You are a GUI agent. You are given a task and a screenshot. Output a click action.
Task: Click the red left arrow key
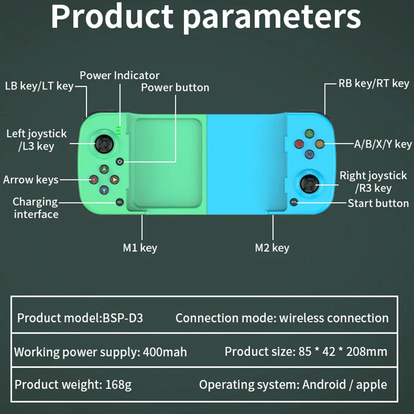click(93, 179)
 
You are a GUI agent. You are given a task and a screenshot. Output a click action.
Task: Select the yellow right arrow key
click(115, 179)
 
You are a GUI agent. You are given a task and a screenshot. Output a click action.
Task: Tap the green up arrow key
click(104, 169)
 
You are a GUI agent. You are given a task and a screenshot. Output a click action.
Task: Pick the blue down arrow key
click(104, 190)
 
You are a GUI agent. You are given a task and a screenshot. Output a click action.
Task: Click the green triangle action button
click(309, 133)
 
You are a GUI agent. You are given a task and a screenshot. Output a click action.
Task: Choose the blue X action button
click(309, 154)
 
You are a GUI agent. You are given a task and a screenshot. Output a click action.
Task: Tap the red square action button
click(299, 144)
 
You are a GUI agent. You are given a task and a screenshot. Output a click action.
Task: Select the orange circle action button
click(319, 144)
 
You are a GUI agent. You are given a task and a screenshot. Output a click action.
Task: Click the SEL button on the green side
click(120, 202)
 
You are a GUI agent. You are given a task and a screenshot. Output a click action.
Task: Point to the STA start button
click(294, 202)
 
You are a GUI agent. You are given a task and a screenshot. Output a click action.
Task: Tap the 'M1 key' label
click(140, 248)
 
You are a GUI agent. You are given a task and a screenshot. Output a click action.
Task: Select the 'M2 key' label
click(272, 248)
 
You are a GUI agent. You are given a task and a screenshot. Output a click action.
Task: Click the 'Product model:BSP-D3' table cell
click(80, 318)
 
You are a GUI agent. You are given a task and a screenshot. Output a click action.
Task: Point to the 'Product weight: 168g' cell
click(73, 385)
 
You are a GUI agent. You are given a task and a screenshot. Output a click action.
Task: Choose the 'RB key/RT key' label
click(373, 84)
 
